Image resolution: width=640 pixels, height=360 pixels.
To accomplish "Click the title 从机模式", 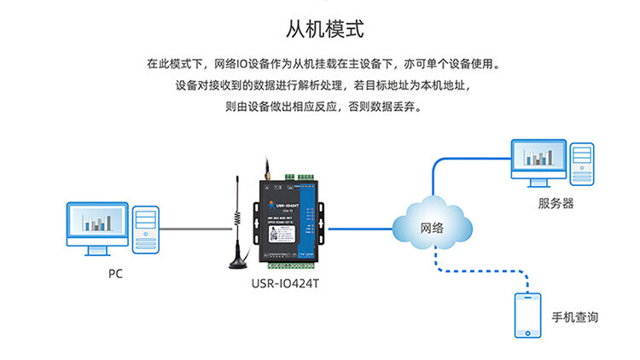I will [x=320, y=30].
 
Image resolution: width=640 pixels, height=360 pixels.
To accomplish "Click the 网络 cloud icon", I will [x=432, y=227].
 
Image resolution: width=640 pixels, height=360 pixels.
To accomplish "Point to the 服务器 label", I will [x=556, y=203].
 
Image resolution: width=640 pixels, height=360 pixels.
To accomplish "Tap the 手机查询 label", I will [x=575, y=316].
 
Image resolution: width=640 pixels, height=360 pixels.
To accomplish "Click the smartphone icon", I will [x=527, y=315].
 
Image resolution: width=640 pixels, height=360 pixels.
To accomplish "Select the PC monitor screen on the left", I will [x=97, y=224].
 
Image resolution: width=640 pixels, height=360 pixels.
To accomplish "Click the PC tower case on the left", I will [x=145, y=228].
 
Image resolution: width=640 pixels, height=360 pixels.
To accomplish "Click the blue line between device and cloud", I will [x=360, y=228].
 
